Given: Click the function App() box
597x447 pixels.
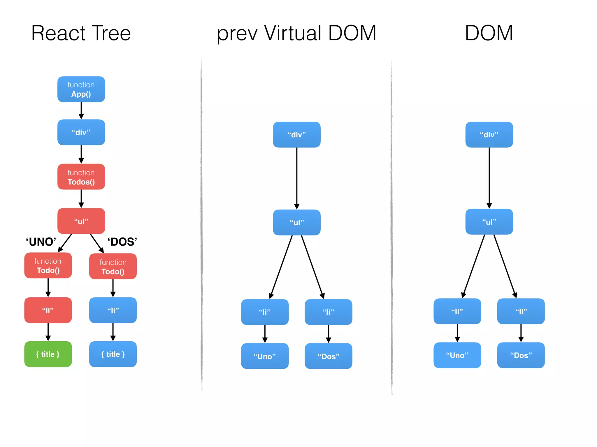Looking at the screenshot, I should (x=81, y=89).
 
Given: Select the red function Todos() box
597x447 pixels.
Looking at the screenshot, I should (x=81, y=177).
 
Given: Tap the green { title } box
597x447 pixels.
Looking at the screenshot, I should (x=48, y=354).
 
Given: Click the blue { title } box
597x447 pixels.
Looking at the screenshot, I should (x=113, y=354).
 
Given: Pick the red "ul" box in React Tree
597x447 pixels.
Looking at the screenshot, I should (x=81, y=221).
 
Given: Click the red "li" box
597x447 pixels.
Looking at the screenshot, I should (x=48, y=310).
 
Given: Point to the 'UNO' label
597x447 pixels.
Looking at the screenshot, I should (x=41, y=242).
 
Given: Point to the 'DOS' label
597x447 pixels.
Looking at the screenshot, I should (x=122, y=242).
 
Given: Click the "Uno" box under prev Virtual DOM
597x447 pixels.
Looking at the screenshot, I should (x=265, y=356).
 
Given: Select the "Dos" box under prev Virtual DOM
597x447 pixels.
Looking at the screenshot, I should (x=328, y=356).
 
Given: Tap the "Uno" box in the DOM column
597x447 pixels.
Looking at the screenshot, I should (x=457, y=355).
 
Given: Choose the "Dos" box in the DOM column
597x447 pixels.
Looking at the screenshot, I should (x=521, y=355).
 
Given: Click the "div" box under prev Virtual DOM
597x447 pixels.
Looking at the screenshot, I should (x=297, y=135).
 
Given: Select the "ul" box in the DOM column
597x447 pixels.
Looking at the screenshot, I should (x=489, y=222).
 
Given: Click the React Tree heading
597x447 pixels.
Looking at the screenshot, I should (x=81, y=33).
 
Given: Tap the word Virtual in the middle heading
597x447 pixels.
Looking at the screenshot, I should (x=293, y=33).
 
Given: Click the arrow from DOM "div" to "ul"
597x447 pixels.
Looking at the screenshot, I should (x=489, y=178).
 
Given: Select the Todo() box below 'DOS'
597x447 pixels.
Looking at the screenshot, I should (x=113, y=267).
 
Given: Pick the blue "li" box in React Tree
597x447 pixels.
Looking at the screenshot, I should (x=113, y=310).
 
